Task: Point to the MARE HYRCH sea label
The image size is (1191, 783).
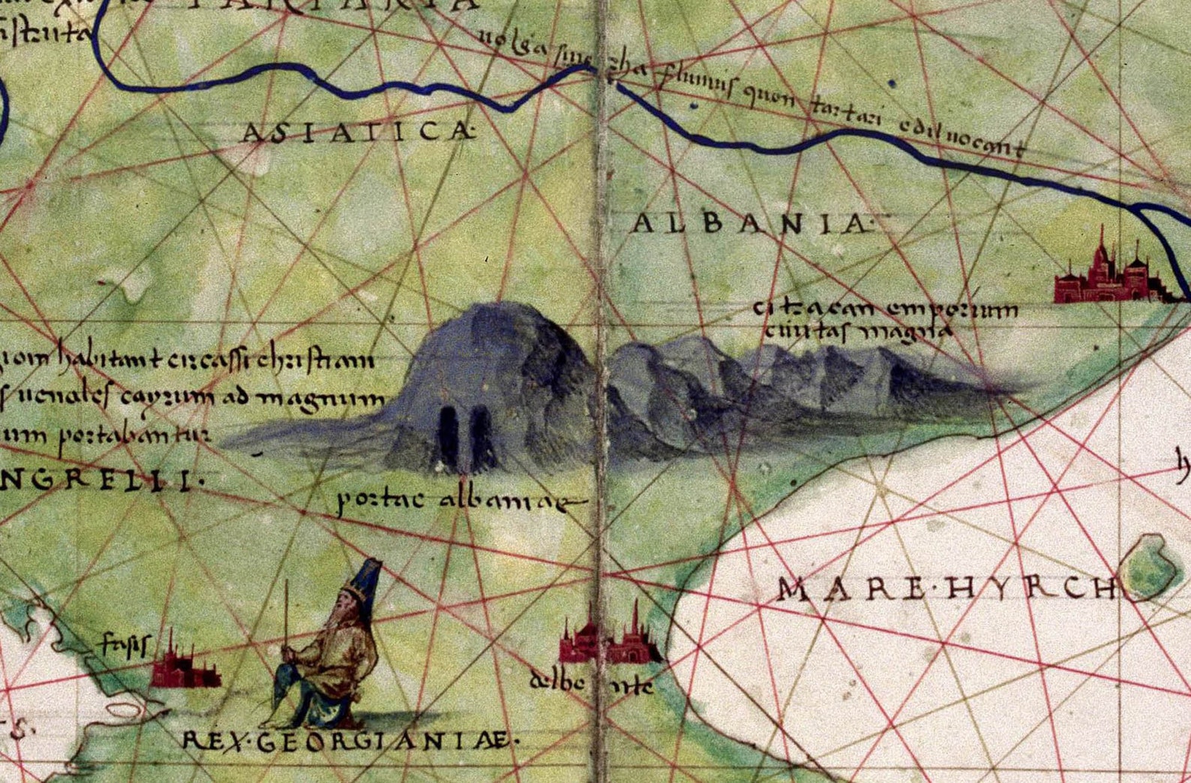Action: pos(946,589)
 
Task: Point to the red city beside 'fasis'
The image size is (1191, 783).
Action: pos(184,667)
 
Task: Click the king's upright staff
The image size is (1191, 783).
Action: pos(286,623)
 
